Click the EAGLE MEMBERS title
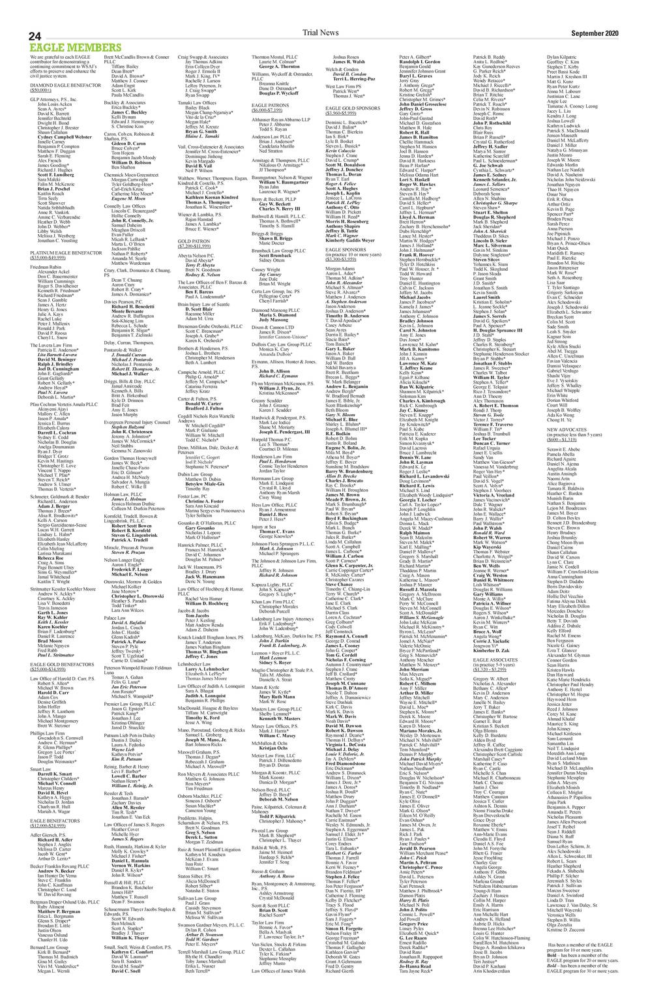(x=66, y=48)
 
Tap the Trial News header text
(x=323, y=32)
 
